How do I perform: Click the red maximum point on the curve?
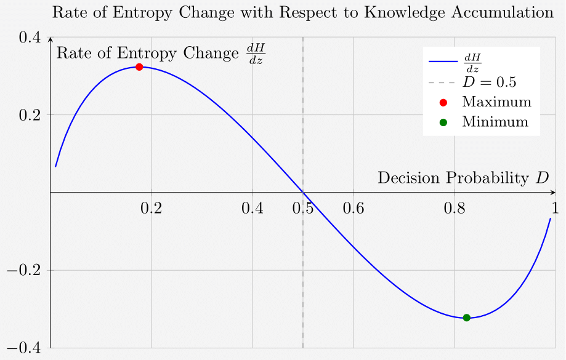[x=139, y=67]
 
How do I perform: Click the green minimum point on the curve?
[x=466, y=318]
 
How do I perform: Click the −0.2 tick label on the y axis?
[x=23, y=271]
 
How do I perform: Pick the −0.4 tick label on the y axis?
[x=23, y=348]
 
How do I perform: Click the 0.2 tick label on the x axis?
[x=151, y=208]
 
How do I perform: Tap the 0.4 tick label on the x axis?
[x=253, y=208]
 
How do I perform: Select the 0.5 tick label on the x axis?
[x=302, y=208]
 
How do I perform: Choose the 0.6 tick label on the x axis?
[x=353, y=208]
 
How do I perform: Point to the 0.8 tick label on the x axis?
[x=454, y=208]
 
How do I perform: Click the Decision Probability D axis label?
[x=463, y=178]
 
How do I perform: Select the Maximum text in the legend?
[x=496, y=102]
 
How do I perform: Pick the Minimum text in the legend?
[x=495, y=122]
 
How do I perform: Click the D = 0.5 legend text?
[x=489, y=82]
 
